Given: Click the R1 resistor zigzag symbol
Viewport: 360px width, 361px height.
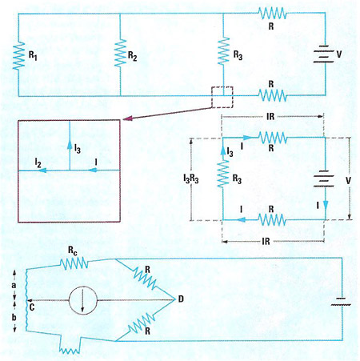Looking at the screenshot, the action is coord(18,56).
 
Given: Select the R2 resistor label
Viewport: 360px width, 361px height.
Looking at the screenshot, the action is coord(133,56).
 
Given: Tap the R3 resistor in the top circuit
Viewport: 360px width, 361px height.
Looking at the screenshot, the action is coord(223,51).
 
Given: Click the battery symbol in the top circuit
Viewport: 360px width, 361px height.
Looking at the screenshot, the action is coord(323,54).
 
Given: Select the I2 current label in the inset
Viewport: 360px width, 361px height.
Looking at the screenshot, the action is coord(38,162).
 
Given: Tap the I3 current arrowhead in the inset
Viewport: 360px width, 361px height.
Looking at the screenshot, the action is coord(70,145).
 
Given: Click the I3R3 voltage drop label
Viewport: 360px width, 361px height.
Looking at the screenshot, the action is coord(191,178).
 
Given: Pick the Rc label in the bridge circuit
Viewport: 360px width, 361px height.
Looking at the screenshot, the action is coord(73,251).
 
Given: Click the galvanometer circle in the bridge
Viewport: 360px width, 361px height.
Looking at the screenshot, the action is coord(83,300).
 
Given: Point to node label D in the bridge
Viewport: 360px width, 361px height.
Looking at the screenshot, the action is coord(181,299).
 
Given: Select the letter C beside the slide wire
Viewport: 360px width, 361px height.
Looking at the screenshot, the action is coord(32,307).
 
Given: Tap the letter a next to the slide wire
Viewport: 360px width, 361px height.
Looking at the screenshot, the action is coord(14,285).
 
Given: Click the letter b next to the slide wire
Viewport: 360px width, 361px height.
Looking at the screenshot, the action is coord(14,317).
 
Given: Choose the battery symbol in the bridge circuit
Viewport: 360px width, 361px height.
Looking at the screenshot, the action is coord(341,302).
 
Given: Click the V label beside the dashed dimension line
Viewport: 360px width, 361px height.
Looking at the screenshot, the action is coord(348,181).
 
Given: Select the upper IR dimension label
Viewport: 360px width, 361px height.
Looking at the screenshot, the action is coord(270,117).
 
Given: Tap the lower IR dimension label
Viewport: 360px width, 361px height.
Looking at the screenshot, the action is coord(266,242).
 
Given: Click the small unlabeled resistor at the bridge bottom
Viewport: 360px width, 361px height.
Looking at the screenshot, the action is coord(70,351).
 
